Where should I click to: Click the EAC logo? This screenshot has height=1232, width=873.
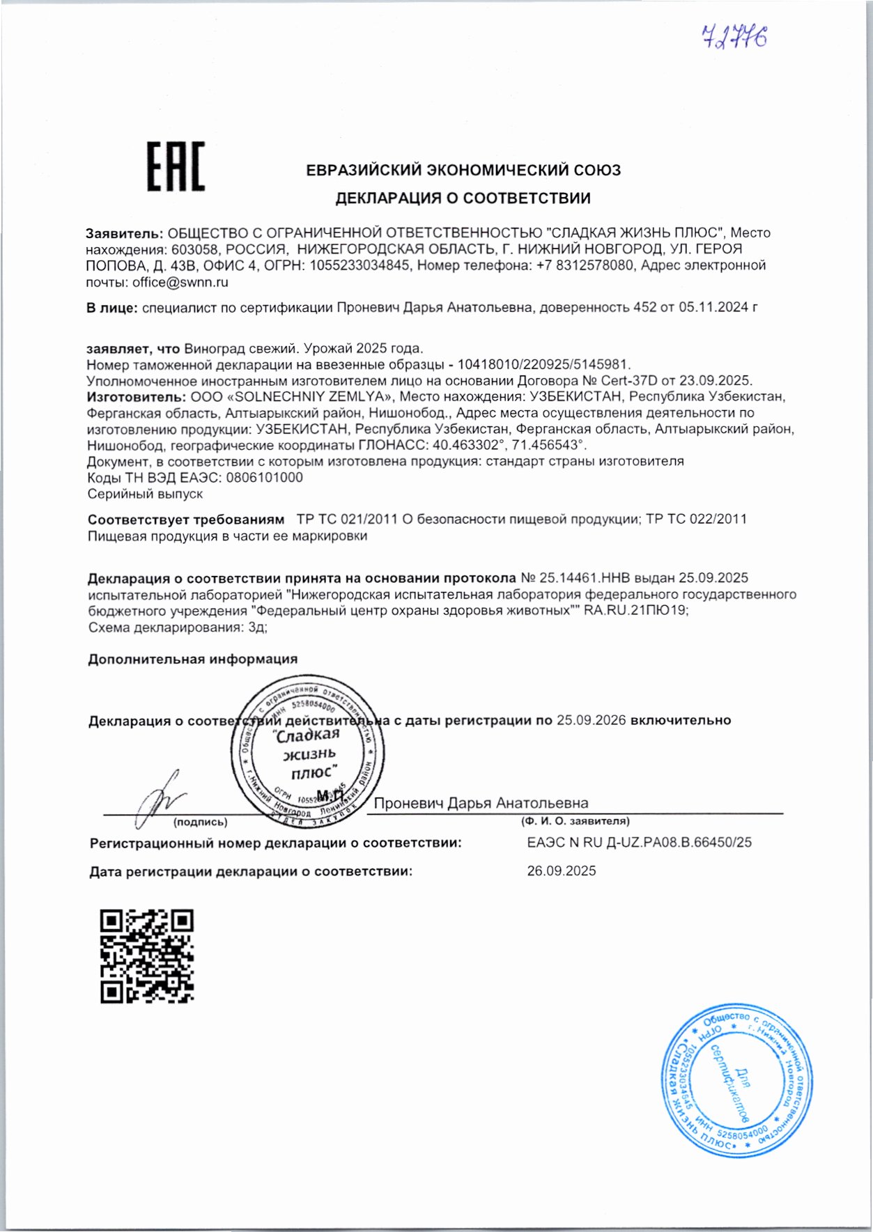[176, 166]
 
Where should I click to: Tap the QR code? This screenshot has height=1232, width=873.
[147, 956]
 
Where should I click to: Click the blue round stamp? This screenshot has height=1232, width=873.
[736, 1080]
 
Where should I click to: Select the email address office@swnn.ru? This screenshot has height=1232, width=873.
[180, 282]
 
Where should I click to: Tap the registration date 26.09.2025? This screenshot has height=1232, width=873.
[561, 871]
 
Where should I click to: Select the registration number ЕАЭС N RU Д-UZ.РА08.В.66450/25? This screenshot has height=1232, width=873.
[639, 842]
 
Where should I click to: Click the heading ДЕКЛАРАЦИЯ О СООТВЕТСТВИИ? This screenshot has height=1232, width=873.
[463, 198]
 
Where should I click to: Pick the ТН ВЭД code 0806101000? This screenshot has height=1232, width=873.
[261, 477]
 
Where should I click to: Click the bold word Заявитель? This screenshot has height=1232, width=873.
[125, 233]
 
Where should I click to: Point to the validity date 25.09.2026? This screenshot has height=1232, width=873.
[591, 720]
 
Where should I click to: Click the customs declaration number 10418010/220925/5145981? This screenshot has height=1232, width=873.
[543, 364]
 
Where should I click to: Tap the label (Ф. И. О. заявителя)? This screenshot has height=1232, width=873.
[575, 821]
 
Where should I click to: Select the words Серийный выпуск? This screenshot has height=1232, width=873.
[145, 494]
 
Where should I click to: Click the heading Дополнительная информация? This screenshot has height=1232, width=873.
[192, 659]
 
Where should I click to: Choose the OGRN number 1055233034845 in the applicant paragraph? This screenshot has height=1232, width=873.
[360, 265]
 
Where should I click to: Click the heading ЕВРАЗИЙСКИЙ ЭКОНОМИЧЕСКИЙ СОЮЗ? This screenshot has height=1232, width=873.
[463, 170]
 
